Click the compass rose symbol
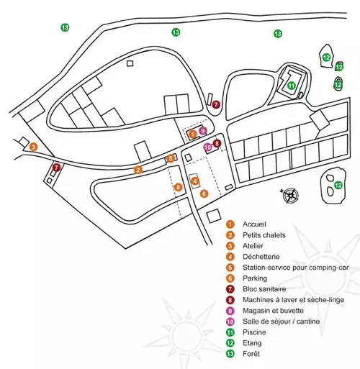[x=290, y=196]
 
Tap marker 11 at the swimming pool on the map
[x=291, y=86]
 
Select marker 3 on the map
[x=34, y=147]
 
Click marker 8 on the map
[x=217, y=143]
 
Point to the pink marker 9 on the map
[x=203, y=131]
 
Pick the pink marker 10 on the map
[x=208, y=147]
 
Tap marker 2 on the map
[x=138, y=170]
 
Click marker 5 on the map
[x=171, y=158]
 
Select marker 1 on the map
[x=192, y=134]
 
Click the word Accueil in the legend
[x=254, y=224]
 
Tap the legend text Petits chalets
[x=264, y=235]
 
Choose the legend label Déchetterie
[x=261, y=257]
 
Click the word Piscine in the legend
[x=254, y=332]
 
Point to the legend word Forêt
[x=251, y=354]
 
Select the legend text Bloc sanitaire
[x=264, y=289]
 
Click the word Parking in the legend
[x=255, y=278]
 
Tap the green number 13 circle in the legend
[x=230, y=354]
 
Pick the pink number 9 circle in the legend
[x=230, y=311]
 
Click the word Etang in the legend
[x=252, y=343]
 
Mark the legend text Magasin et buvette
[x=274, y=311]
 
